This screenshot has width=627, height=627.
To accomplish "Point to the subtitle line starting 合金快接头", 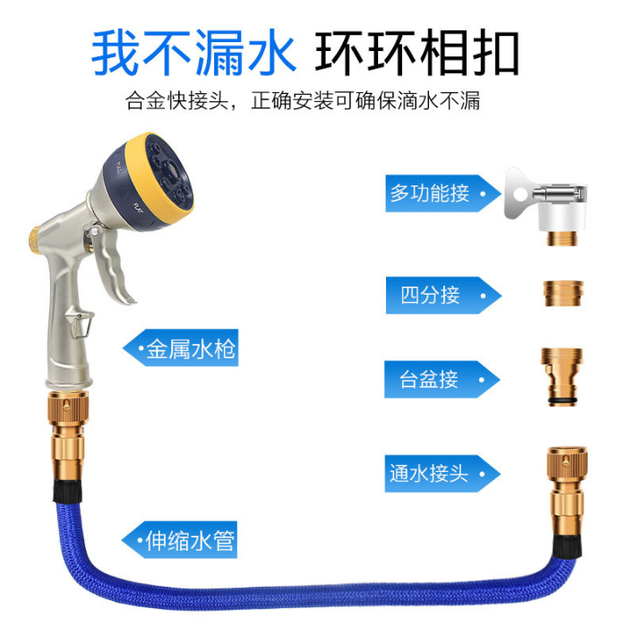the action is (x=303, y=100).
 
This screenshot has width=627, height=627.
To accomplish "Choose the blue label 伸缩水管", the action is (x=188, y=540).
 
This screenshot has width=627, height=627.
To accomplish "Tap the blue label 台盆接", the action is (x=430, y=379).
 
